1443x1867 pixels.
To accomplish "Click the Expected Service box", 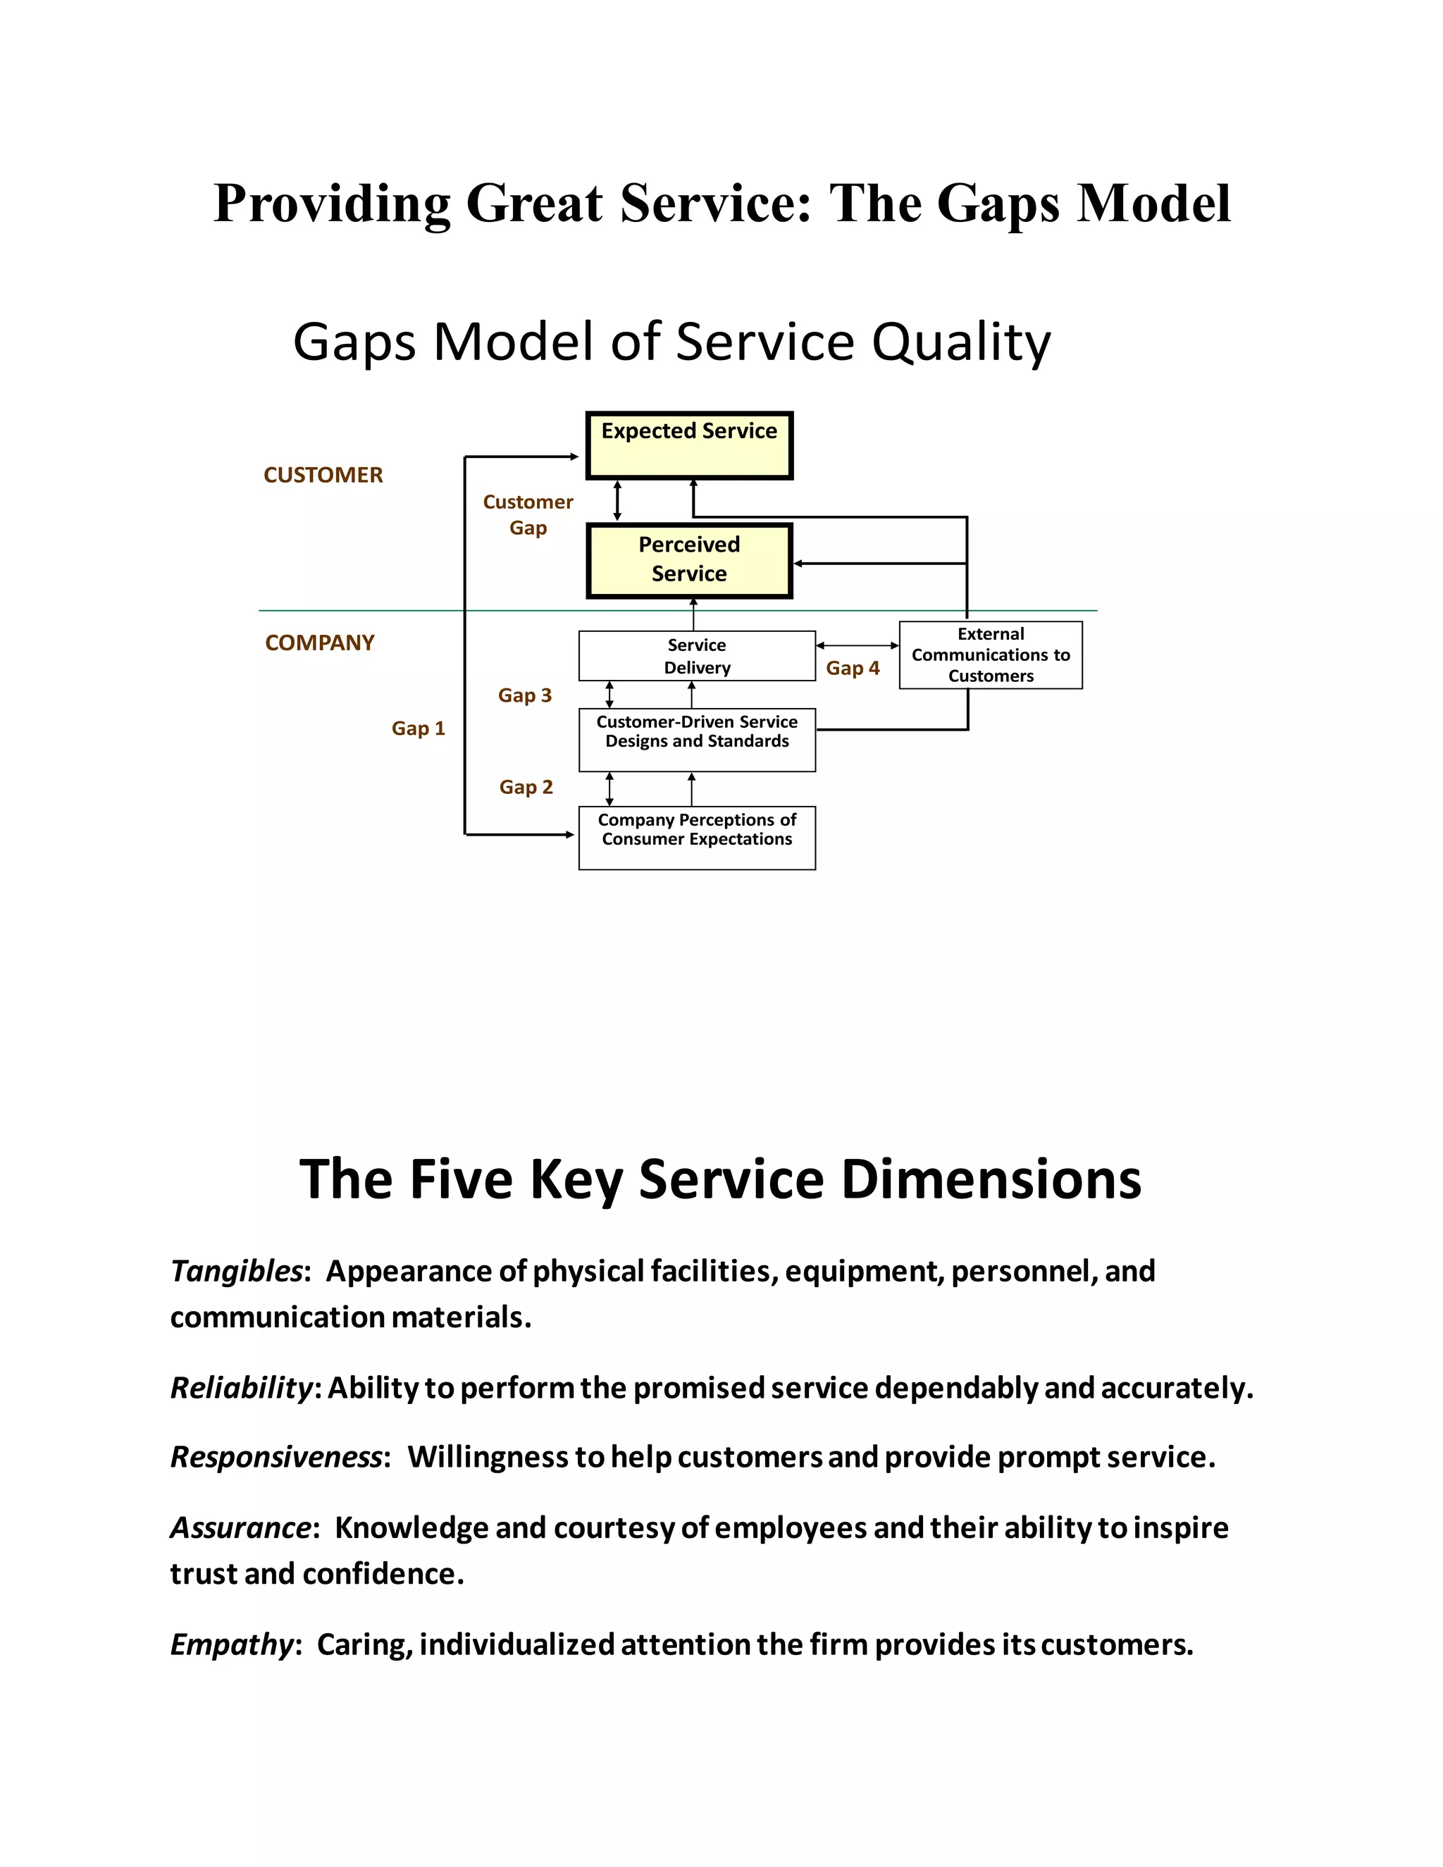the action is click(x=689, y=445).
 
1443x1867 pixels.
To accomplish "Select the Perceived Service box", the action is click(x=689, y=561).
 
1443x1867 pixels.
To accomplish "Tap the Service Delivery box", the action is click(x=697, y=656).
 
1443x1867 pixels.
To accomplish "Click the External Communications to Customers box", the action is click(x=991, y=655).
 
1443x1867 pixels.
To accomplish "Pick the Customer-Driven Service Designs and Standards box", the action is click(x=697, y=740).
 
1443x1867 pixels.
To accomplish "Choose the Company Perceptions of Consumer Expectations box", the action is click(x=697, y=838).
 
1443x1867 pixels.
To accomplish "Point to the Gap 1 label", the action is click(x=418, y=728).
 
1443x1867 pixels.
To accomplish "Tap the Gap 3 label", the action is click(x=525, y=695).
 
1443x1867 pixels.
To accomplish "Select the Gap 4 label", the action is click(x=853, y=668).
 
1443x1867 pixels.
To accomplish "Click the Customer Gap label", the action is click(x=528, y=514).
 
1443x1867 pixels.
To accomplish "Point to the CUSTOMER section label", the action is click(x=323, y=476).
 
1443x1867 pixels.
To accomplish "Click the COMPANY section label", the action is click(x=320, y=643).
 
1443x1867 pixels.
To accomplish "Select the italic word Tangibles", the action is click(x=237, y=1272).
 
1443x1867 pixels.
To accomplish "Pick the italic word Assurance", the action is click(x=241, y=1527).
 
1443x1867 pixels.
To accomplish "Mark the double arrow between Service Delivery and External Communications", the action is click(x=857, y=645).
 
